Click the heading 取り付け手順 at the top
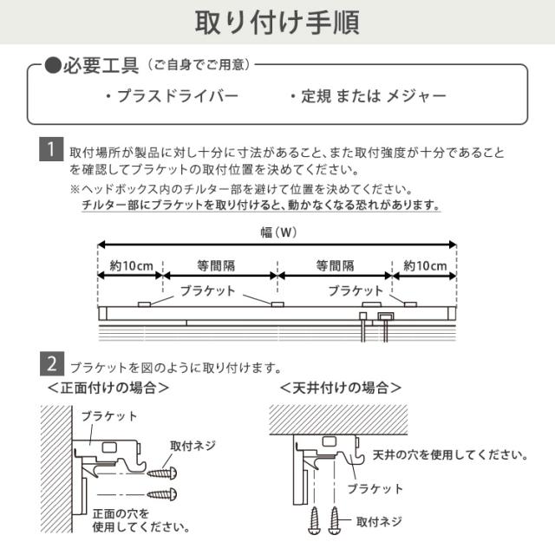tap(277, 22)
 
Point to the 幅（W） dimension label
tap(277, 232)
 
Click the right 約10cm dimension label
tap(425, 265)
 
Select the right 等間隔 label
tap(335, 265)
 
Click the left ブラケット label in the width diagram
tap(207, 291)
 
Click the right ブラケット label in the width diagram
tap(356, 291)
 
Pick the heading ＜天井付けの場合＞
tap(341, 388)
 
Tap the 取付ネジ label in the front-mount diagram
tap(193, 446)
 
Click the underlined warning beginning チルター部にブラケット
tap(260, 206)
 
